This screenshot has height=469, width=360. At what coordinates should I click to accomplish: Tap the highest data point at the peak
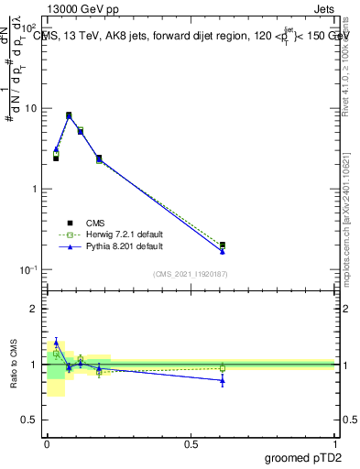coord(69,115)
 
